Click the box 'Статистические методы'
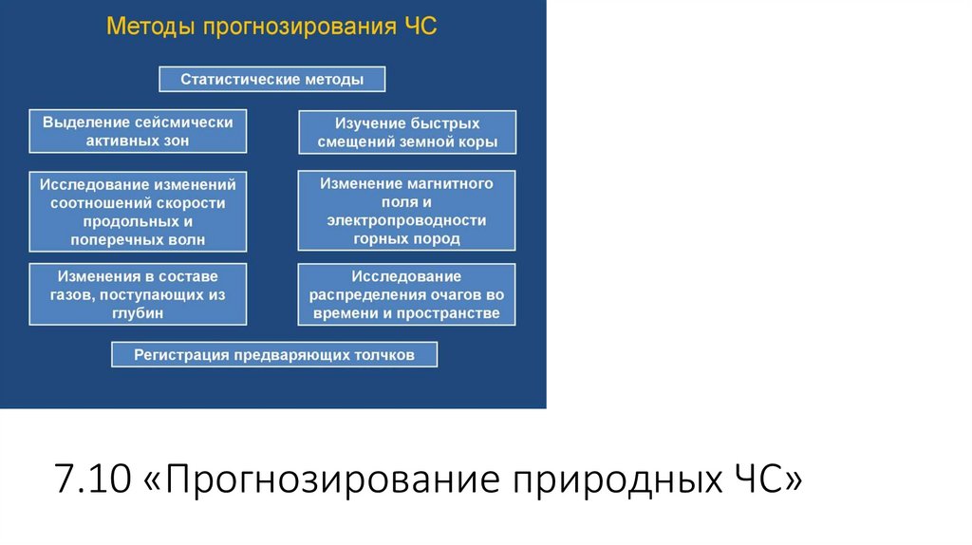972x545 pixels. tap(271, 79)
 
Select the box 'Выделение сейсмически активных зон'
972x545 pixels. tap(138, 131)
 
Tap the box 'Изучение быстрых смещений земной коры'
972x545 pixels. tap(407, 133)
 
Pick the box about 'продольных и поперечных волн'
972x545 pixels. tap(138, 211)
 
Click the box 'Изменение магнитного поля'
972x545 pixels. tap(406, 210)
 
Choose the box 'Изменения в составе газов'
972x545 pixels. tap(138, 294)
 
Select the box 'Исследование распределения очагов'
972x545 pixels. tap(406, 294)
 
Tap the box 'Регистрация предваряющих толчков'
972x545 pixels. tap(274, 355)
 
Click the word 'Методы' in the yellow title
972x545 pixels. tap(147, 26)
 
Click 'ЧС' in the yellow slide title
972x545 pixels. tap(418, 26)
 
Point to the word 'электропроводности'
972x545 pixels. tap(406, 220)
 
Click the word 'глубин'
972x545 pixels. tap(138, 312)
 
